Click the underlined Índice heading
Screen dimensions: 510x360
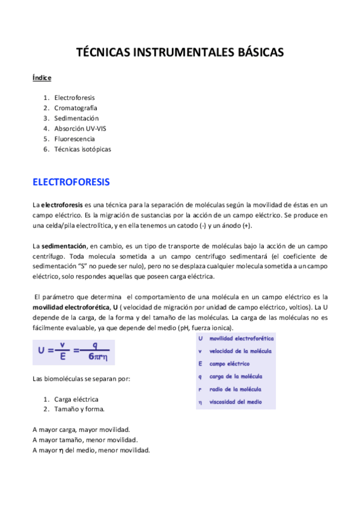(x=42, y=78)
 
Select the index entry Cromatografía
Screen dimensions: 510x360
(x=75, y=108)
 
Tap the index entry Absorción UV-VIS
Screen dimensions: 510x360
(x=81, y=128)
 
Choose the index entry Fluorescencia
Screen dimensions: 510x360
(x=75, y=139)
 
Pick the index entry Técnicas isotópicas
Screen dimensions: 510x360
(x=82, y=149)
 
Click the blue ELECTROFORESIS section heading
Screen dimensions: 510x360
(x=71, y=181)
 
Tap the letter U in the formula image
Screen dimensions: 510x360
(x=42, y=353)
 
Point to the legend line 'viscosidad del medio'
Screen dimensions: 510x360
(x=234, y=402)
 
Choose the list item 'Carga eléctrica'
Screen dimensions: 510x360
(x=76, y=399)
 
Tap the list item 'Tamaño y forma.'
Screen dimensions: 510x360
(x=79, y=410)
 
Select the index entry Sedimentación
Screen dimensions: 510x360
(x=76, y=118)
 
